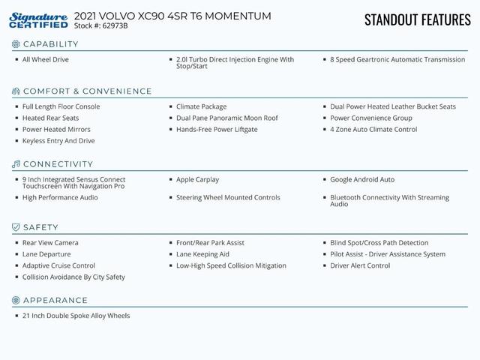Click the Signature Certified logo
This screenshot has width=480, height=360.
(39, 20)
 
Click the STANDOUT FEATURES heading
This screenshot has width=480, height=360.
(417, 19)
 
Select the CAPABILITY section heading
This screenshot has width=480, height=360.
(50, 44)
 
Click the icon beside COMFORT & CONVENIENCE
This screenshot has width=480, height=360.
(16, 91)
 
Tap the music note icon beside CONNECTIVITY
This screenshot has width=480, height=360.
(16, 164)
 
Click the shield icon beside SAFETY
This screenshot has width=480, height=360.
(16, 227)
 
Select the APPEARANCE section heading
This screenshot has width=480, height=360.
(55, 301)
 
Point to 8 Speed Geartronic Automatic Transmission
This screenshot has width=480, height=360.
(397, 60)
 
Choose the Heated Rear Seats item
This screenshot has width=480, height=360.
(50, 118)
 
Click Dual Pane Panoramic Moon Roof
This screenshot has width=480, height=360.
(226, 118)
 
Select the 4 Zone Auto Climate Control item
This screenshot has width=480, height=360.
(373, 130)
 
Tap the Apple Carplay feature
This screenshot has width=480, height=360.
(197, 180)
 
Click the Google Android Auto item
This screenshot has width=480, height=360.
(362, 180)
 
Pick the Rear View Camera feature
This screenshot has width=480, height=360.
(50, 243)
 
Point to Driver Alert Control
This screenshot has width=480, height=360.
(360, 265)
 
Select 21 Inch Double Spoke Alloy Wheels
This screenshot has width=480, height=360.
(76, 316)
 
